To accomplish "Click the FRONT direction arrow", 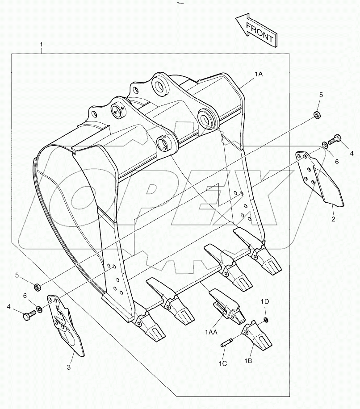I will [x=256, y=30].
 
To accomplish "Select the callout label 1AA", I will [x=211, y=332].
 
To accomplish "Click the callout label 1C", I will [x=223, y=363].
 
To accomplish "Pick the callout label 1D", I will [x=265, y=302].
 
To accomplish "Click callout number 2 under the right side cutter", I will [x=333, y=219].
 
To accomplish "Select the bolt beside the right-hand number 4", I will [x=335, y=140].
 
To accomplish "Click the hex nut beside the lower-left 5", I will [x=38, y=285].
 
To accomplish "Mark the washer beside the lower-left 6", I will [x=40, y=309].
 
